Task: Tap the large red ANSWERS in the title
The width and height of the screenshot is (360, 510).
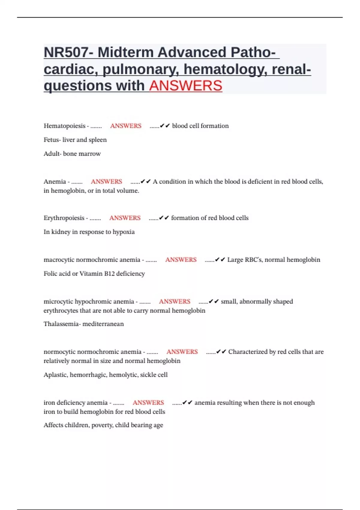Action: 185,86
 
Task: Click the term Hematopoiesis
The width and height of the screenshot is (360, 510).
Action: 64,126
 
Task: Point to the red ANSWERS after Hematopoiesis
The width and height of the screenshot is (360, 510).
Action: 126,126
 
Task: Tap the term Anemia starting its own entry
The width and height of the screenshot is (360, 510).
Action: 55,182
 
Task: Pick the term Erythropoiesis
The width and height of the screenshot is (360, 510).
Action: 64,218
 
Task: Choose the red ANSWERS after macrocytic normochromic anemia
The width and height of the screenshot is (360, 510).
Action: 181,260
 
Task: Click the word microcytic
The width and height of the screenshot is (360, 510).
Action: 58,301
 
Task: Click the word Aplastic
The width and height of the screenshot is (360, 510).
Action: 55,375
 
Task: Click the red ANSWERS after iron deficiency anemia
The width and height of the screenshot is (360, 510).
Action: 148,403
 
